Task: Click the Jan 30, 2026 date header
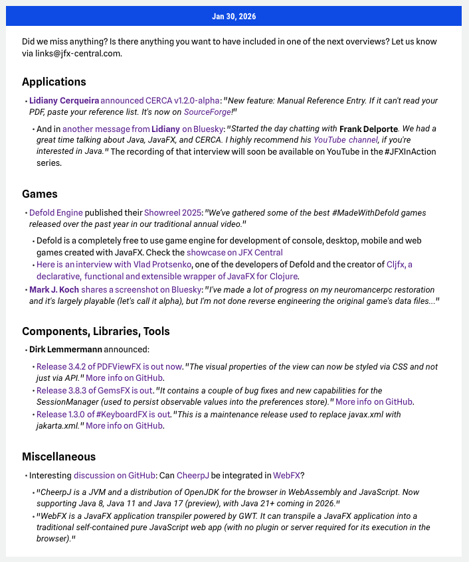[234, 16]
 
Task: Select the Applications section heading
[54, 82]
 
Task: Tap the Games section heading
[40, 194]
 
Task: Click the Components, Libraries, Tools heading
[96, 331]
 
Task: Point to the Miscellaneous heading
[58, 457]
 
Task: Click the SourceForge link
[207, 113]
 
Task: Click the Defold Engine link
[56, 213]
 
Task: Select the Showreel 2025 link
[173, 213]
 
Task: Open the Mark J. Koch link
[54, 290]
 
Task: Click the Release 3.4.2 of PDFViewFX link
[109, 366]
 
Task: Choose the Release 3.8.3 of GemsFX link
[94, 390]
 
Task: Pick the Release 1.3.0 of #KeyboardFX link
[104, 415]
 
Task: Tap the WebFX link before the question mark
[288, 475]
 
